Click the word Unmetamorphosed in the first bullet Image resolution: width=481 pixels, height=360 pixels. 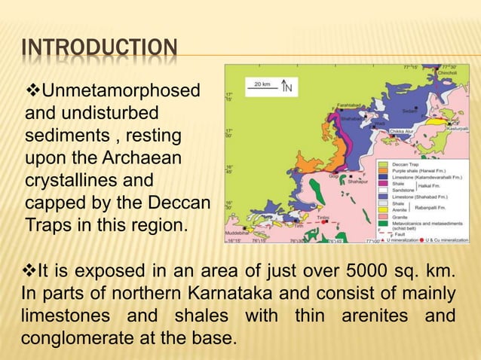click(x=121, y=92)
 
